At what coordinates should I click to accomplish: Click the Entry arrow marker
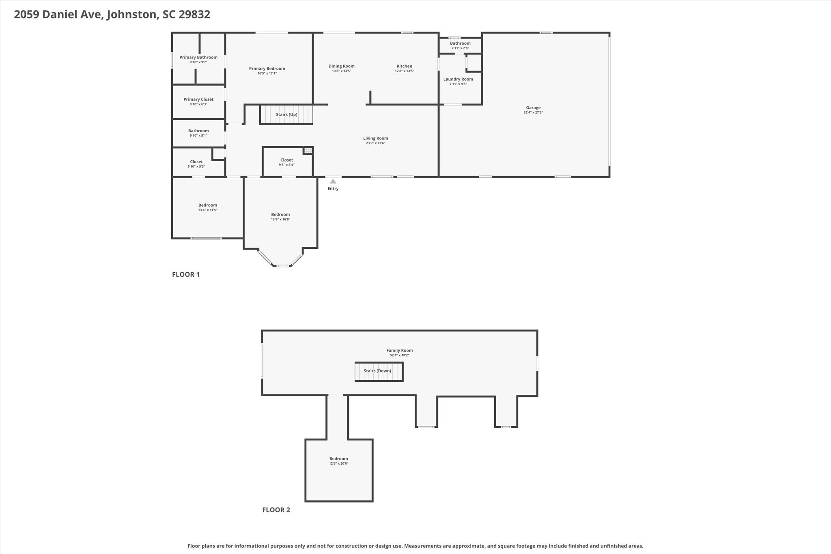tap(333, 181)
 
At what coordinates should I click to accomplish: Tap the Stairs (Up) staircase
tap(286, 114)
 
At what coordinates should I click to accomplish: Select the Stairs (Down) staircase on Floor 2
tap(379, 372)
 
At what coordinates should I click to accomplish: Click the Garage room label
tap(533, 108)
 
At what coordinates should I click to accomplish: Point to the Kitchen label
tap(404, 66)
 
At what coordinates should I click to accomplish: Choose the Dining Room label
tap(341, 66)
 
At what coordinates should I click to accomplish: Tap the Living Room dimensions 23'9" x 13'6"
tap(375, 143)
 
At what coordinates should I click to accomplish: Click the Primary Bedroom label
tap(267, 69)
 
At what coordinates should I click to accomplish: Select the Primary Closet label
tap(198, 99)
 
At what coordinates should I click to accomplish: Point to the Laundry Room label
tap(458, 79)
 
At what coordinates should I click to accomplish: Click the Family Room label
tap(400, 350)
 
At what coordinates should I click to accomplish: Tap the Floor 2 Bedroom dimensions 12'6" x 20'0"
tap(338, 463)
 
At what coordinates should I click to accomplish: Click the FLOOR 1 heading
tap(186, 274)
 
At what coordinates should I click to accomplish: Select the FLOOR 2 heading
tap(276, 510)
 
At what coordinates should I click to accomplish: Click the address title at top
tap(112, 15)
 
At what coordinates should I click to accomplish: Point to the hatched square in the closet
tap(308, 151)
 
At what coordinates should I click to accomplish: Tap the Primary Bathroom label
tap(198, 57)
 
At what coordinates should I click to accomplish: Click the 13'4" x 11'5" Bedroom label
tap(208, 205)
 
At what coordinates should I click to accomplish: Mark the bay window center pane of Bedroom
tap(282, 266)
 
